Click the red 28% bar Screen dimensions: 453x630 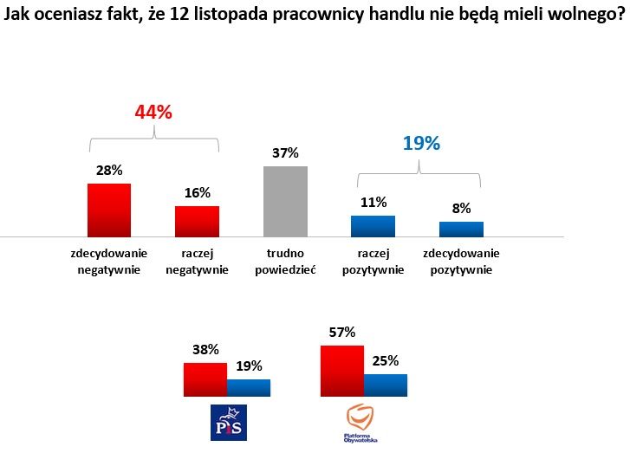point(109,210)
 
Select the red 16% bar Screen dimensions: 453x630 point(198,221)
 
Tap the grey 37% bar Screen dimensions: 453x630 point(285,201)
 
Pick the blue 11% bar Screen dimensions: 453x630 point(373,226)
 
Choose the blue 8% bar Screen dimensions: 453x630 point(461,229)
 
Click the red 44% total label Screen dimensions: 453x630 point(153,113)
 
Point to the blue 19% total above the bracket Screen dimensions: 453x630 point(421,144)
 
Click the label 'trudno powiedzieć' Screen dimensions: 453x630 point(286,261)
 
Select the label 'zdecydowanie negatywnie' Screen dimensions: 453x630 point(109,261)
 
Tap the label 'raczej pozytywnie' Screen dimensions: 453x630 point(373,261)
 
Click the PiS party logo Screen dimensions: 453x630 point(229,421)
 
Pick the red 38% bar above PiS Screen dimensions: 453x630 point(205,379)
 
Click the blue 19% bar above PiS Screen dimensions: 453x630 point(249,387)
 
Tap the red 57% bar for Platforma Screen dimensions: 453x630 point(341,371)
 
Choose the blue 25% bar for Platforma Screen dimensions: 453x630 point(386,385)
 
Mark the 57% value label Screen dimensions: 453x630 point(342,332)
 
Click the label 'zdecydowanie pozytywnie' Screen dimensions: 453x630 point(461,261)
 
